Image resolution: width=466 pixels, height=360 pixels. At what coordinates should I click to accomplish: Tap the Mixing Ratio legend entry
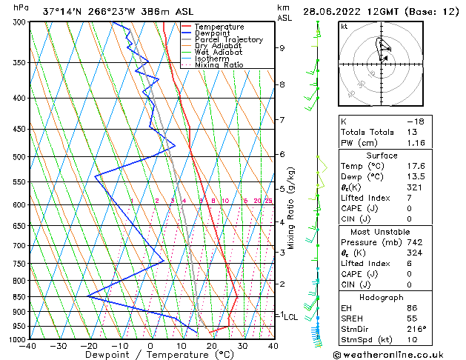click(219, 65)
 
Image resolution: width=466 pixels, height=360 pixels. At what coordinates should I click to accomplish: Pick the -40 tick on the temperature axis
click(29, 346)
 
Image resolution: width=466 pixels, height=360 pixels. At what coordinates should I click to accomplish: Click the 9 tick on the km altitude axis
click(282, 48)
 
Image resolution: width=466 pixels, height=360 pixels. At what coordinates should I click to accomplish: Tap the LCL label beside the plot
click(291, 316)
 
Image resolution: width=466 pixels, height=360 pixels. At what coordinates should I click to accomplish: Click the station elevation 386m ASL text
click(145, 11)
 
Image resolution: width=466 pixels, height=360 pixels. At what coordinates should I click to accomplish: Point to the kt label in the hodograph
click(344, 26)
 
